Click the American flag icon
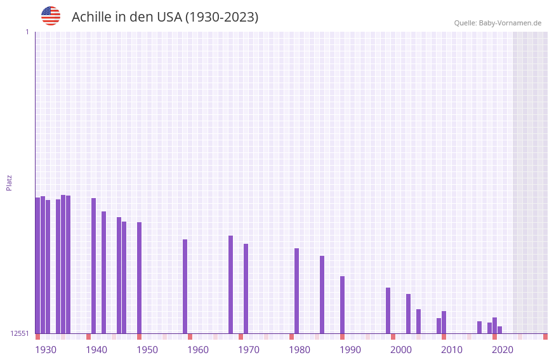(51, 16)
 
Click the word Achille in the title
(91, 17)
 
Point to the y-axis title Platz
(9, 182)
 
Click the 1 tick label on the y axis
(27, 32)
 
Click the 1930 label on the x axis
(46, 350)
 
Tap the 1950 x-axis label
(147, 350)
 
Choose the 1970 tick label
(249, 350)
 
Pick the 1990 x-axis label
(350, 350)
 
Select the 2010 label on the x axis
(452, 350)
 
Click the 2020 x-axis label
(503, 350)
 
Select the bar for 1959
(185, 286)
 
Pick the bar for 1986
(322, 295)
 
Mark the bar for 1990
(342, 305)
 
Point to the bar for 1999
(388, 310)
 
